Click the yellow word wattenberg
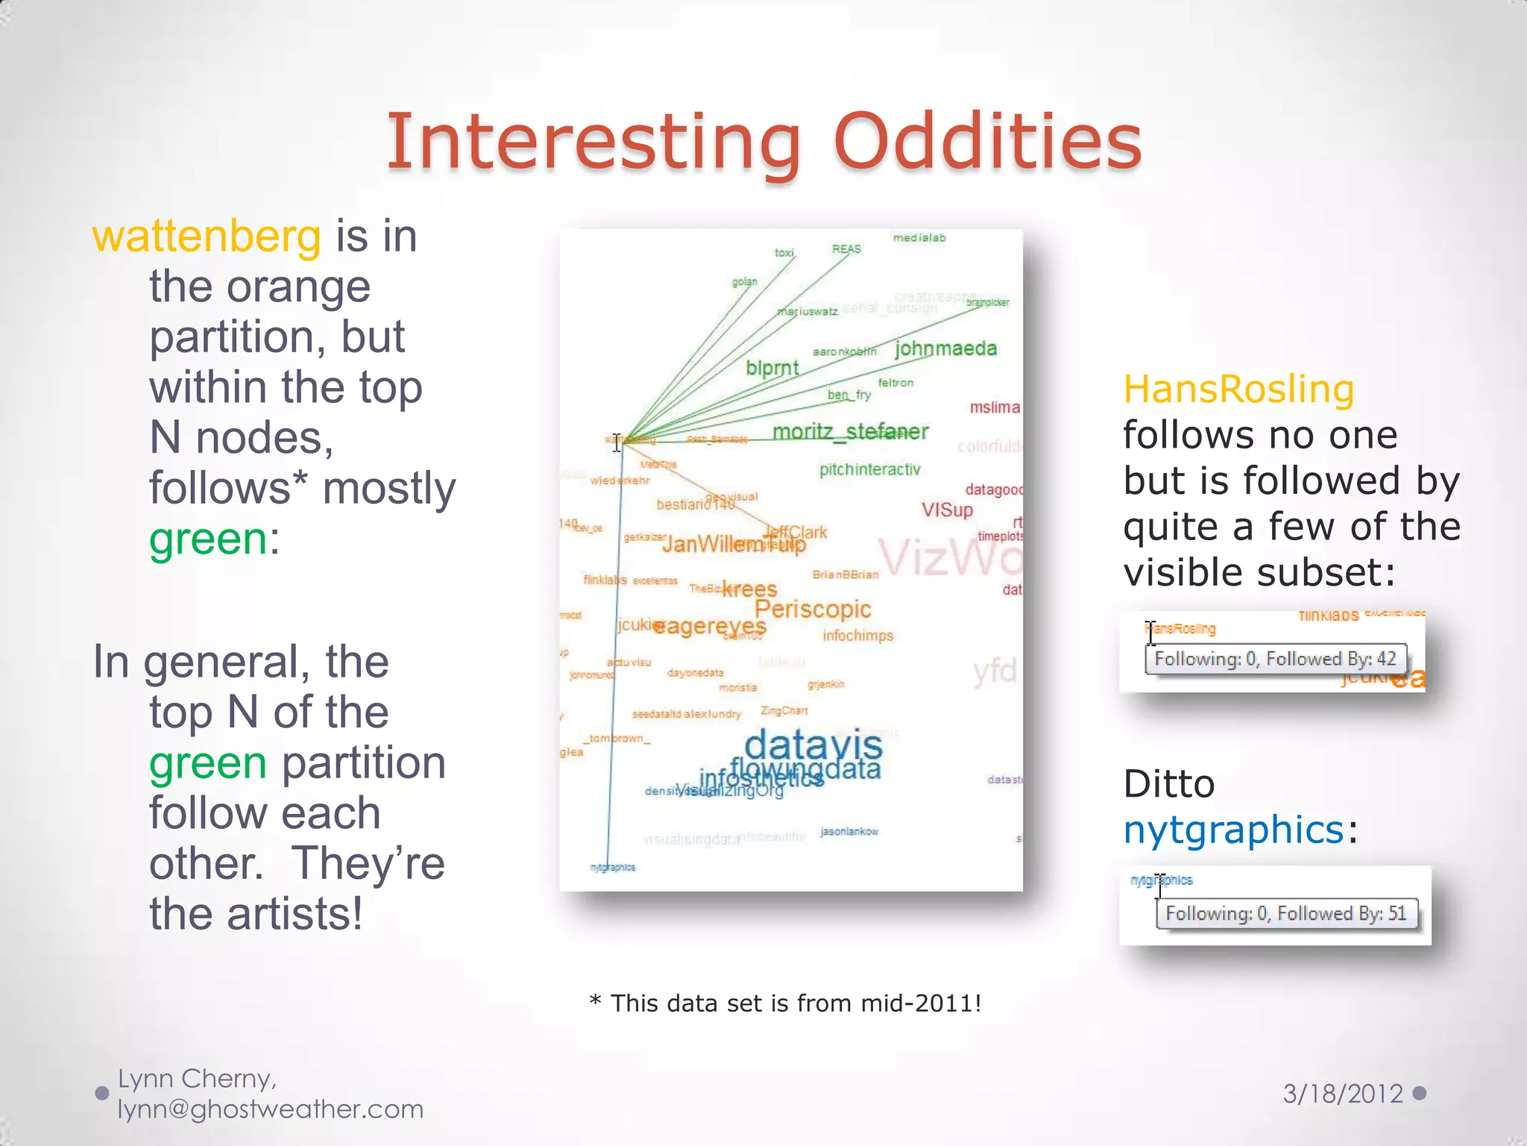[x=207, y=237]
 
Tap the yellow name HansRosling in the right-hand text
[x=1238, y=389]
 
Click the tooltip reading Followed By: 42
[x=1275, y=659]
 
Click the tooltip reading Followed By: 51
[x=1286, y=913]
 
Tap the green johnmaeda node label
[x=945, y=348]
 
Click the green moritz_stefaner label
[x=850, y=431]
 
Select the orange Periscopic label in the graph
[x=813, y=609]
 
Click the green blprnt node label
[x=772, y=368]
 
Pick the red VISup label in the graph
[x=947, y=510]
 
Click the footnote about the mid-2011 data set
[x=785, y=1003]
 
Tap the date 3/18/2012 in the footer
[x=1342, y=1094]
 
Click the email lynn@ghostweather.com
[x=271, y=1109]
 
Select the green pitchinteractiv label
[x=869, y=469]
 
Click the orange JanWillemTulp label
[x=733, y=545]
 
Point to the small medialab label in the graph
[x=919, y=238]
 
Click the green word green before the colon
[x=207, y=539]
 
